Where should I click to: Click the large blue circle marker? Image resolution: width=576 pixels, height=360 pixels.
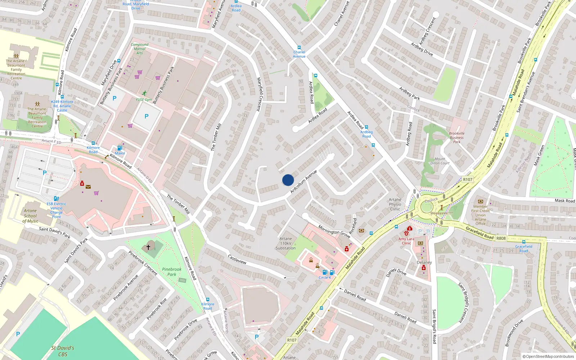tap(288, 180)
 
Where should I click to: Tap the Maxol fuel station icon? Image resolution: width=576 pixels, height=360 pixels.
tap(120, 148)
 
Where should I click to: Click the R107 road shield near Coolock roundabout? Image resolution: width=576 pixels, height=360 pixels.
tap(468, 179)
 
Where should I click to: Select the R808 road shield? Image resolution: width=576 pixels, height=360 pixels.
tap(501, 238)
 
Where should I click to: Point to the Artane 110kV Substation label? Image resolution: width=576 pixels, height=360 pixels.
tap(285, 243)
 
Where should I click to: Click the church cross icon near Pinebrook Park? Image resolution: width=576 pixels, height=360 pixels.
tap(148, 247)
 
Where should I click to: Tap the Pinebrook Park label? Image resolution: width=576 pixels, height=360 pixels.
tap(172, 272)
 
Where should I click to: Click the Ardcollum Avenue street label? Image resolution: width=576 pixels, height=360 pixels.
tap(303, 181)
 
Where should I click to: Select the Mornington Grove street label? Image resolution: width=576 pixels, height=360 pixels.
tap(334, 231)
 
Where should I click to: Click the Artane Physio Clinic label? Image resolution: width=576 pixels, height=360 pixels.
tap(395, 204)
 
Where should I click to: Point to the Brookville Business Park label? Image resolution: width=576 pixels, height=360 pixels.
tap(456, 138)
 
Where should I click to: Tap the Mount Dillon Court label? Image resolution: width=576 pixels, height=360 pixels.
tap(440, 161)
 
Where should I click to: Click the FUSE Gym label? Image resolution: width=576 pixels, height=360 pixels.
tap(144, 99)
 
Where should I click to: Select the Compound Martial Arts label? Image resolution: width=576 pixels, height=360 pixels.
tap(140, 49)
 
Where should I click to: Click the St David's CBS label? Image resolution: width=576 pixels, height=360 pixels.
tap(63, 351)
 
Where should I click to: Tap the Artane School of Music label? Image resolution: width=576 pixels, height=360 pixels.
tap(30, 216)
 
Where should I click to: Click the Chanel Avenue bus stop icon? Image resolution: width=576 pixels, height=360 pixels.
tap(299, 48)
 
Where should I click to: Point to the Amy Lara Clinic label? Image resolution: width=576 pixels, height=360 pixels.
tap(406, 241)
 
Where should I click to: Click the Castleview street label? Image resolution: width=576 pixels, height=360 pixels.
tap(237, 259)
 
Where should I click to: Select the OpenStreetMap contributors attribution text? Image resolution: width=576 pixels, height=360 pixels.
tap(548, 356)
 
